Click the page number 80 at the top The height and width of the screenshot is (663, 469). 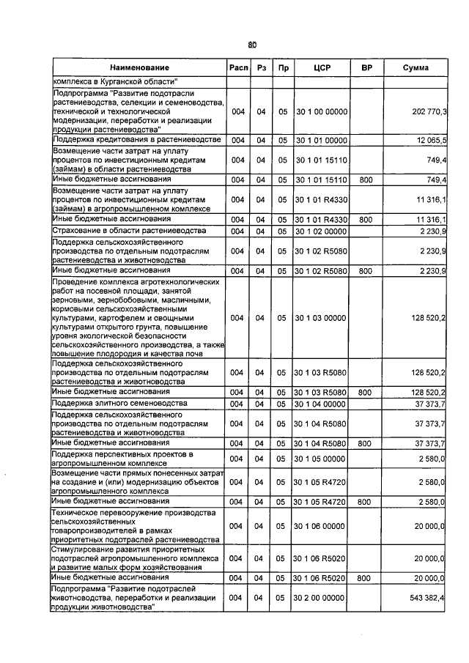(x=251, y=44)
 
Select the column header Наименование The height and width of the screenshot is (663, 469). (x=136, y=68)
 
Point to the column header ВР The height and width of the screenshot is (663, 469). (x=366, y=68)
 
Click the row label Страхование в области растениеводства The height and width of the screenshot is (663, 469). (x=122, y=232)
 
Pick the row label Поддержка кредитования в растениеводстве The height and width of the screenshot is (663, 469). (x=136, y=139)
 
